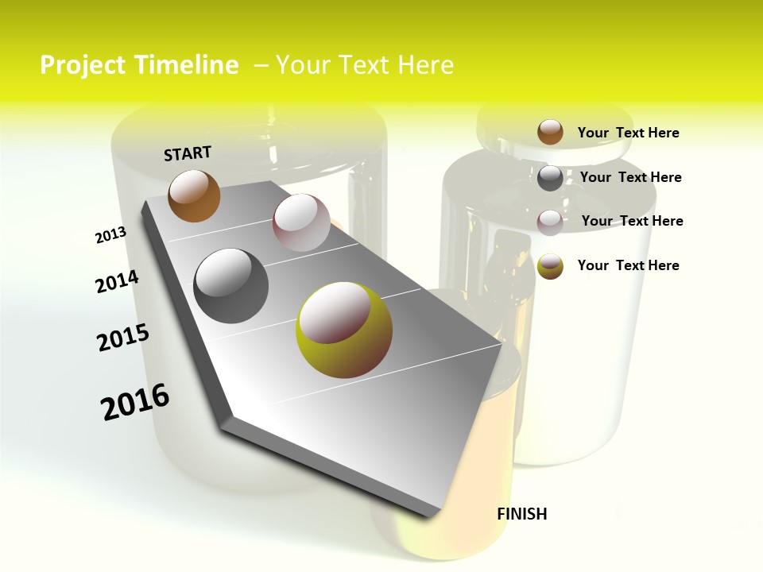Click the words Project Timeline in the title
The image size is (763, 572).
coord(139,65)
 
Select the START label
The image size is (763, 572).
coord(188,153)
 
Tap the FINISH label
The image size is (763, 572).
coord(522,514)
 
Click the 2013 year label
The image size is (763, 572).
coord(110,235)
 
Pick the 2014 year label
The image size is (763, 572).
coord(117,281)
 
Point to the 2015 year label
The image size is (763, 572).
coord(123,338)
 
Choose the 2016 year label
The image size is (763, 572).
coord(135,402)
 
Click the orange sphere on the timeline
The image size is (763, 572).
coord(194,195)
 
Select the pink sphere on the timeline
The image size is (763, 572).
coord(301,222)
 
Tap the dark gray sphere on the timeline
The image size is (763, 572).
coord(231,285)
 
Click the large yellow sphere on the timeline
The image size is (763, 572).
coord(344,330)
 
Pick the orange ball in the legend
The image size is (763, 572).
coord(550,132)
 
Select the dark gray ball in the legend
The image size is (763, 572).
coord(550,178)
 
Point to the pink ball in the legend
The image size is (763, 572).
coord(550,222)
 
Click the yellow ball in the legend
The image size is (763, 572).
coord(550,266)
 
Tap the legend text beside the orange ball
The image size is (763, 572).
coord(628,133)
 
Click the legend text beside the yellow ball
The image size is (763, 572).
coord(628,265)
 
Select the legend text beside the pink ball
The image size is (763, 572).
coord(632,221)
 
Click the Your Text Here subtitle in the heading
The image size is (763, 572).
coord(364,65)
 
